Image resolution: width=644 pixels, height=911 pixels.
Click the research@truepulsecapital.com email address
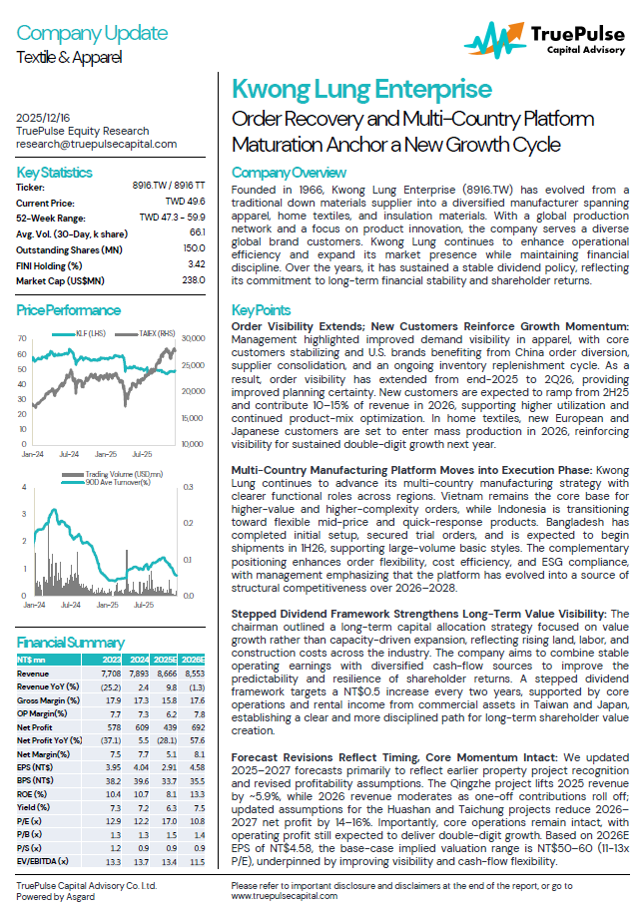[97, 144]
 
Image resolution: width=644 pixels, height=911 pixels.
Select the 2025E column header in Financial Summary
[167, 660]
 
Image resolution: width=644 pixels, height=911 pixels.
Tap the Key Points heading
[261, 310]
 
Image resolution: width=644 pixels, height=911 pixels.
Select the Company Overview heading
[289, 171]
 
